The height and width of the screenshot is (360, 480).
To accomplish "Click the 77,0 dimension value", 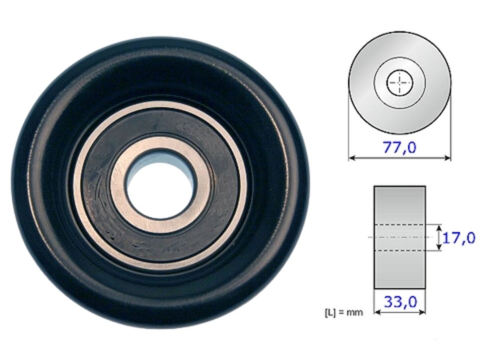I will point(400,148).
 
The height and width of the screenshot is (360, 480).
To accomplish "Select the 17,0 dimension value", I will point(459,238).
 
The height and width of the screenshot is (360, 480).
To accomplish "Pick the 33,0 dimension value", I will point(400,302).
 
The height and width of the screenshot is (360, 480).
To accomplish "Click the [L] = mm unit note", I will point(344,312).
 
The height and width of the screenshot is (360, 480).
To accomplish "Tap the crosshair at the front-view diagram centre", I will point(400,83).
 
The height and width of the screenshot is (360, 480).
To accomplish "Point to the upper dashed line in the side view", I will point(400,225).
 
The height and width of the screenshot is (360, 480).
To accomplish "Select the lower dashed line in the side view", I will point(400,251).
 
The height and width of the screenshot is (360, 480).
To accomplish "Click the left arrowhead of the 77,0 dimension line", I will point(351,158).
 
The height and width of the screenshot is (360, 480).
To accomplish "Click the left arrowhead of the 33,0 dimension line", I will point(376,312).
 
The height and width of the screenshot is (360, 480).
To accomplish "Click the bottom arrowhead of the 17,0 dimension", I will point(439,248).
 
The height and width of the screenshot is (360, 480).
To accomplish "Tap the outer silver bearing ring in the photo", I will point(160,105).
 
